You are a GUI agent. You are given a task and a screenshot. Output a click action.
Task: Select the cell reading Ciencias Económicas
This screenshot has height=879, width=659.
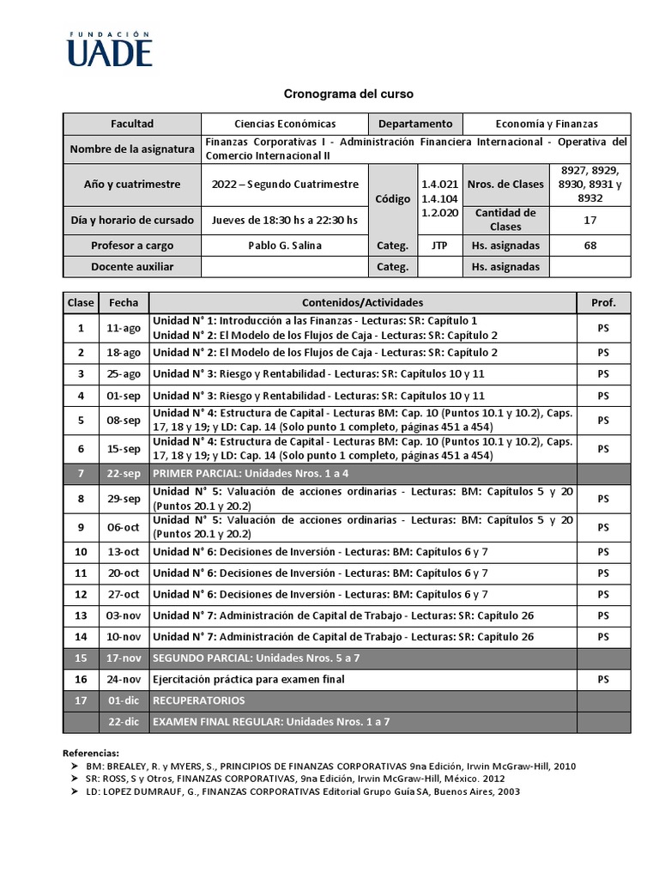click(285, 124)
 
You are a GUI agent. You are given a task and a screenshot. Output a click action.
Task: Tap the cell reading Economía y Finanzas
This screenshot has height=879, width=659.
click(547, 124)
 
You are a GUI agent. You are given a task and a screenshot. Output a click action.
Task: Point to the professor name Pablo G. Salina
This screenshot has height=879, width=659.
click(285, 246)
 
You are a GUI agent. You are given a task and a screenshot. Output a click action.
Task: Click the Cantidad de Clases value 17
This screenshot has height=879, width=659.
click(589, 219)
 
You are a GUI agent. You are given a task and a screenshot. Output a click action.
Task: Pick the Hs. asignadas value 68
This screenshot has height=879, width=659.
click(589, 246)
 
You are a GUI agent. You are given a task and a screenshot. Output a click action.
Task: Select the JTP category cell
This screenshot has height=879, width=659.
click(439, 246)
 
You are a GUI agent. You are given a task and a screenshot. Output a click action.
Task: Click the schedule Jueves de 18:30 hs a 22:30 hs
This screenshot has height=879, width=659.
click(285, 219)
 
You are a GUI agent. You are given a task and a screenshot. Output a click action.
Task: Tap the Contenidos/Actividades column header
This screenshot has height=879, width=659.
click(362, 303)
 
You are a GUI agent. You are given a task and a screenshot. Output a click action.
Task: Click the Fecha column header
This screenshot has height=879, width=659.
click(124, 303)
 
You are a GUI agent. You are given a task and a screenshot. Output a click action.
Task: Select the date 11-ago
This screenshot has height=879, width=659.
click(124, 328)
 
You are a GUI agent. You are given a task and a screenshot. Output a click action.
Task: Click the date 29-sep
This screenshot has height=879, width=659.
click(124, 499)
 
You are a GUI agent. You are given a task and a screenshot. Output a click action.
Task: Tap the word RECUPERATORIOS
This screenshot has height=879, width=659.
click(198, 700)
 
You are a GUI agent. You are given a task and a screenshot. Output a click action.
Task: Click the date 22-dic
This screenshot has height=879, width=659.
click(124, 722)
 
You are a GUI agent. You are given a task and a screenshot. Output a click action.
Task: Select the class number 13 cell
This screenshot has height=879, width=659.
click(81, 615)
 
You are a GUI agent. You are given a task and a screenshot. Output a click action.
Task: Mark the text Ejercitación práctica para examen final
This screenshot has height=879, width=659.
click(248, 679)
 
